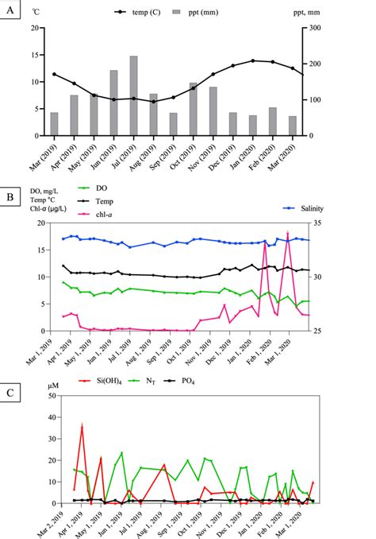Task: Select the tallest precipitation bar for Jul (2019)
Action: pyautogui.click(x=133, y=95)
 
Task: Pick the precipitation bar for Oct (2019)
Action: pyautogui.click(x=194, y=109)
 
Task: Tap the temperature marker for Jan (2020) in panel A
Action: pyautogui.click(x=253, y=60)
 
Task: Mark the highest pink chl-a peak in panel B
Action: pyautogui.click(x=287, y=233)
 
